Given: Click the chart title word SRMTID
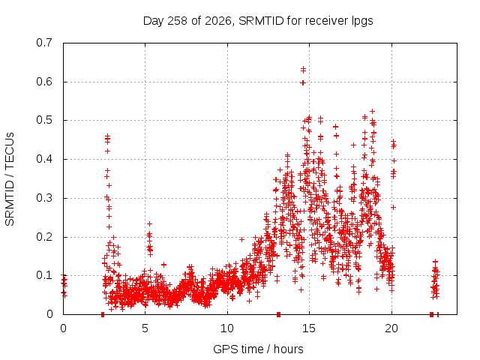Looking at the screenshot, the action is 261,21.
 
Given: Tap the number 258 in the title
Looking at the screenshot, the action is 178,21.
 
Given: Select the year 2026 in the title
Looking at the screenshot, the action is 218,21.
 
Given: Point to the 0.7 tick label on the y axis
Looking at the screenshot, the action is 44,43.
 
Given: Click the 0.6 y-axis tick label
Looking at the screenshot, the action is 44,82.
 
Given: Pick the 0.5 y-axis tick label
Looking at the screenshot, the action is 44,120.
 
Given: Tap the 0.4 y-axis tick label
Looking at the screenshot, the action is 44,159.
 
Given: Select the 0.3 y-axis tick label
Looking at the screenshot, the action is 44,198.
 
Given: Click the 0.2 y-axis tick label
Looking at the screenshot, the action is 44,237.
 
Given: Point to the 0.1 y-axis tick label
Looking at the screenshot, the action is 44,275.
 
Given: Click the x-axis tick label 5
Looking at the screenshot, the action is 145,328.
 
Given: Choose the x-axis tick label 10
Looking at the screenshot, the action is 227,328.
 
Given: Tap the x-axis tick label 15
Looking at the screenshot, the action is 309,328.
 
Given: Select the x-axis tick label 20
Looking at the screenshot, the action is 391,328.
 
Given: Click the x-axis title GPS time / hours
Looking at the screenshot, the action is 258,349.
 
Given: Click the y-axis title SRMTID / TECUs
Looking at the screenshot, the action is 10,179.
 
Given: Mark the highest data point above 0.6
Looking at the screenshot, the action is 303,68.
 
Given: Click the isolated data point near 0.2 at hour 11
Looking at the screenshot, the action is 241,239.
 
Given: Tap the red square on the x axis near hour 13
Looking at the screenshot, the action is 278,314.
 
